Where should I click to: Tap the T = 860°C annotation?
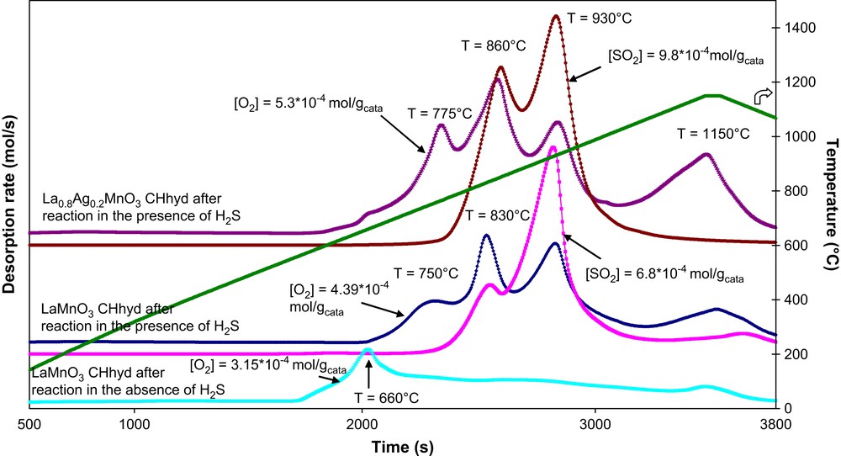pos(494,45)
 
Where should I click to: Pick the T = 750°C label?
pos(426,273)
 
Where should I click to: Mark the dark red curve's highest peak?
pos(555,16)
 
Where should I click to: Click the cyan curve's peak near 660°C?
pos(368,349)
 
